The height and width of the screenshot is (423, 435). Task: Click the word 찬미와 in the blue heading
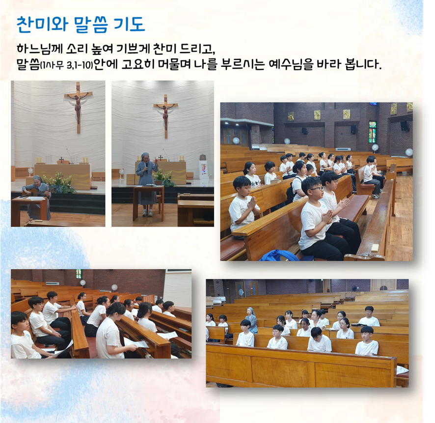point(42,25)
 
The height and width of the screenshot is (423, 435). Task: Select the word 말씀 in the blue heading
point(91,25)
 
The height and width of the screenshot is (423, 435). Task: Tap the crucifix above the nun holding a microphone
point(165,116)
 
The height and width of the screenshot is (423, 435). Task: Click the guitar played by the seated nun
point(36,192)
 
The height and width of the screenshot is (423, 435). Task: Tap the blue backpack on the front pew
point(279,255)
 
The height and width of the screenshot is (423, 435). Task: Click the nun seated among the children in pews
point(251,320)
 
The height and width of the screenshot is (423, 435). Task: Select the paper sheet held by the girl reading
point(136,343)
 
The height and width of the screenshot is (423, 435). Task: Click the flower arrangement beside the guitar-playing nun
point(59,183)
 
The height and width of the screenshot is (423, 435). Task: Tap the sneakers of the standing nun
point(147,213)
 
